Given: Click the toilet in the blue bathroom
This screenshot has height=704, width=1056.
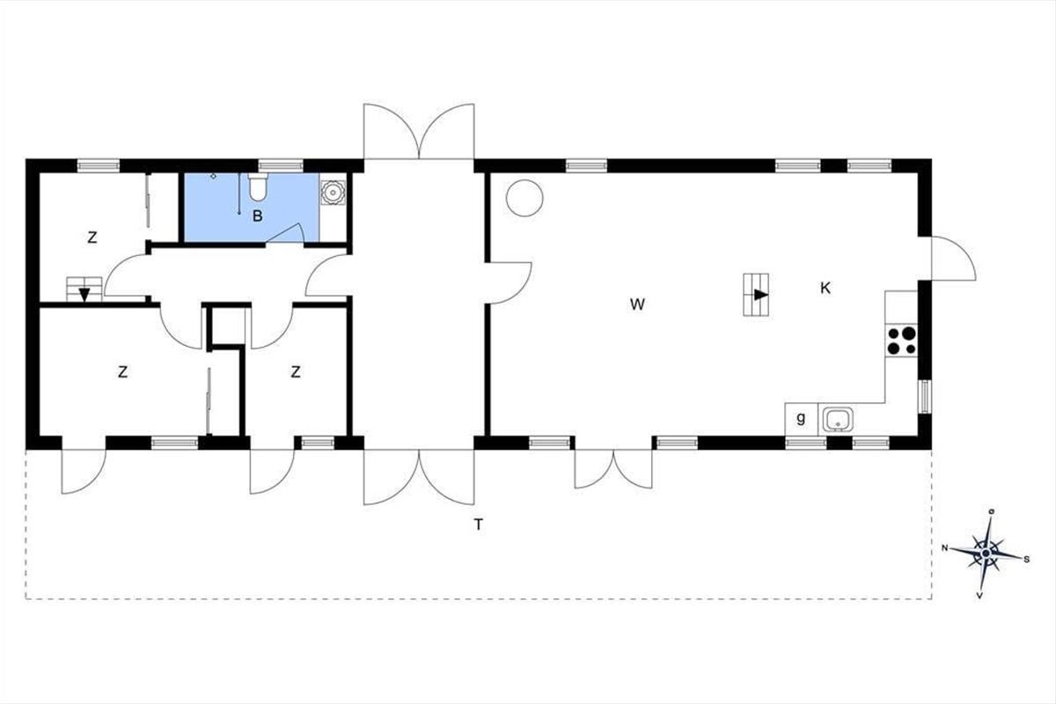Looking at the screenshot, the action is point(258,187).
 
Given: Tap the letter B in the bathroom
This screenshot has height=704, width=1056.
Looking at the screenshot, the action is point(257,216).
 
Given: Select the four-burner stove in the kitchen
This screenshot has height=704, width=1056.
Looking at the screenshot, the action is point(901,341).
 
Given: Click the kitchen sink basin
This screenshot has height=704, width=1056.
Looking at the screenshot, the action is point(838,419).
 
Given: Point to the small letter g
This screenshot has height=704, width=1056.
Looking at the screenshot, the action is point(801,418).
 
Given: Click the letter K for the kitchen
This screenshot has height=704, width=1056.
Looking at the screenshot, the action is point(825,288).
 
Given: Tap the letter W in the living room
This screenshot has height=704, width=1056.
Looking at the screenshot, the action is point(637,304).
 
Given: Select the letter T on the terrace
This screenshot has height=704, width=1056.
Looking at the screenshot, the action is point(479,524).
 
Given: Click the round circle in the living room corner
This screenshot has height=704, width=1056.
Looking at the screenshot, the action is point(524,198).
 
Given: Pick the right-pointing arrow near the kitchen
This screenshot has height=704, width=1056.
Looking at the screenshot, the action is point(761,295).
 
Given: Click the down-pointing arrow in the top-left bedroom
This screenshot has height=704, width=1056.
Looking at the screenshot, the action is point(84,295).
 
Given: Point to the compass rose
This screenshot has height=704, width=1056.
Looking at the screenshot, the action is point(986,554).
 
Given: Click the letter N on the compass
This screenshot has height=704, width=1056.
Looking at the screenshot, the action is point(945,547).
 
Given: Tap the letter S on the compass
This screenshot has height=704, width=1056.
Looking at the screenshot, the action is point(1027,560).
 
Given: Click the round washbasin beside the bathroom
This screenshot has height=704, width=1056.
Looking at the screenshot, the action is point(334,193).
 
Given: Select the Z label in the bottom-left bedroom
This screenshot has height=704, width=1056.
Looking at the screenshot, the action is point(122,372).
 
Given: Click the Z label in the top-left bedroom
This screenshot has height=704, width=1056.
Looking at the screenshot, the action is point(92,238).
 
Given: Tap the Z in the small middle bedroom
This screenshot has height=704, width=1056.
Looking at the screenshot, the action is point(296,372).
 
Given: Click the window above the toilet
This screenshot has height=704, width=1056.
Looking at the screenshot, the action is point(281,165).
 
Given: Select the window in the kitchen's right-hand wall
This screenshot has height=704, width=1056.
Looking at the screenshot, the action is point(925,397).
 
